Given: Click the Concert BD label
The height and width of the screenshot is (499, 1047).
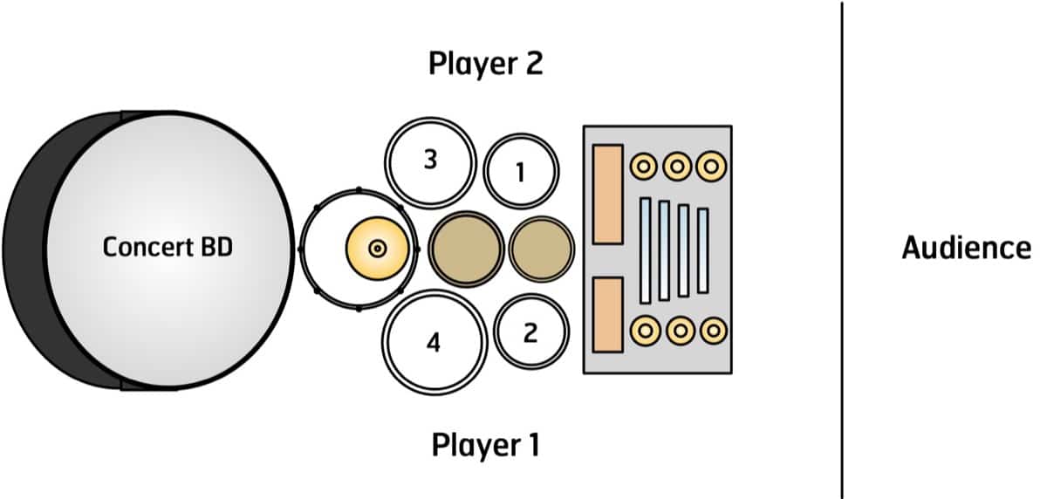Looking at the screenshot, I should pyautogui.click(x=168, y=248).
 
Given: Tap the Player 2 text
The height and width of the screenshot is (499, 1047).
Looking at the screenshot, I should pyautogui.click(x=485, y=64).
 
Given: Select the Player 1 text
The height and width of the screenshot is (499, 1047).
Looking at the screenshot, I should pyautogui.click(x=485, y=445).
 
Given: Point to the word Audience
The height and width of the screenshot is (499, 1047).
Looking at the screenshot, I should pyautogui.click(x=965, y=249).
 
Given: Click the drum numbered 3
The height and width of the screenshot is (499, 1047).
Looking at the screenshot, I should pyautogui.click(x=430, y=162).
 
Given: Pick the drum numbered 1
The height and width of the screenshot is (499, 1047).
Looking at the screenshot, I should pyautogui.click(x=520, y=170).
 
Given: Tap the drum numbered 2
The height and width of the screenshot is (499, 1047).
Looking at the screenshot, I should pyautogui.click(x=530, y=332).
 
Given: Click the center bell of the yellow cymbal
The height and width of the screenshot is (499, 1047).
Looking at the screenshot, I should pyautogui.click(x=378, y=249).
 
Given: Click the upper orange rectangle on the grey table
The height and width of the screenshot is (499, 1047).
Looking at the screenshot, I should pyautogui.click(x=607, y=194).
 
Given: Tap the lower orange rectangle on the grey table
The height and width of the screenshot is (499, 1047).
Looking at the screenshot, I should pyautogui.click(x=607, y=315).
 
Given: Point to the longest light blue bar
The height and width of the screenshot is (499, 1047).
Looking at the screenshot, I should pyautogui.click(x=646, y=250).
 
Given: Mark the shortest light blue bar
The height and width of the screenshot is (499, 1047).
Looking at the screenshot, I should pyautogui.click(x=702, y=250).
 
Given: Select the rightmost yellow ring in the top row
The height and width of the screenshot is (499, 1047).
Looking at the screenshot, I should pyautogui.click(x=712, y=165).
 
